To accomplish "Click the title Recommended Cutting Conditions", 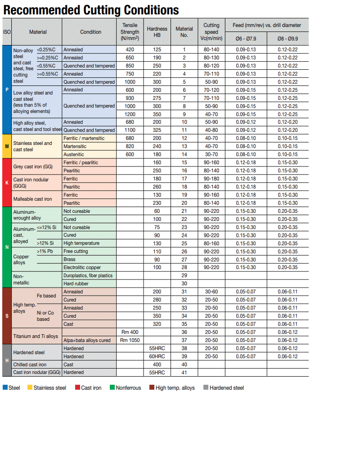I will click(91, 10).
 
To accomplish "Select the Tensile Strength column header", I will click(130, 32).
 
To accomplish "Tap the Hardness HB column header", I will click(157, 32).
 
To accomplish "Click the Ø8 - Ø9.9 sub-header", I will click(288, 39).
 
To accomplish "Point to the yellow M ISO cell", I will click(7, 146).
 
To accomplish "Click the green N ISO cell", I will click(7, 247).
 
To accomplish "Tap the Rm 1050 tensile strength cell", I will click(130, 340).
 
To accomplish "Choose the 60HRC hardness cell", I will click(157, 356).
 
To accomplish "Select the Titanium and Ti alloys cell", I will click(36, 336).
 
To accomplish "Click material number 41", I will click(184, 373).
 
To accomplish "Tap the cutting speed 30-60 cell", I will click(211, 292).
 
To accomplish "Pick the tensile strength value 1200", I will click(130, 114).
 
